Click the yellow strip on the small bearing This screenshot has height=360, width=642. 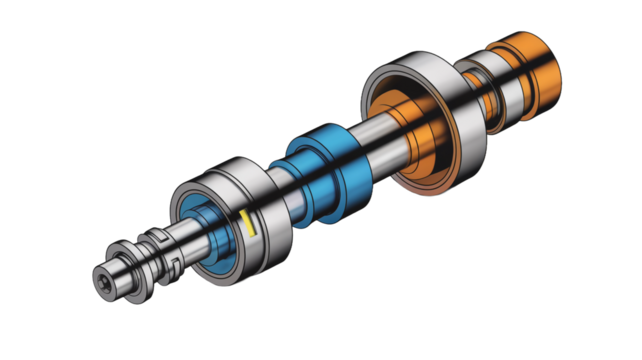pyautogui.click(x=247, y=224)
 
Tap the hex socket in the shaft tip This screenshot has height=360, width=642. pyautogui.click(x=105, y=280)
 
